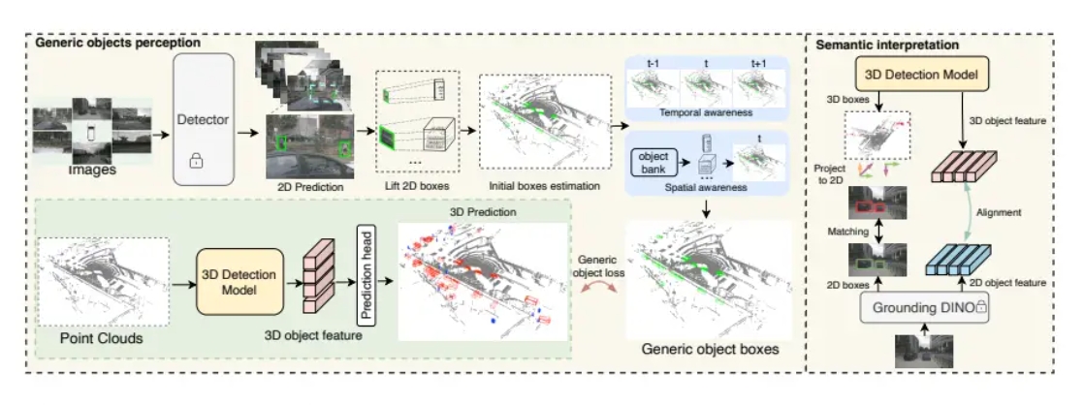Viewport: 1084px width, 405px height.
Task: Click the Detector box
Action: click(x=204, y=118)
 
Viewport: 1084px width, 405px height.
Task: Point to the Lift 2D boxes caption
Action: click(x=414, y=183)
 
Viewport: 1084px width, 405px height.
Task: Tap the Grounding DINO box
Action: click(x=916, y=305)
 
